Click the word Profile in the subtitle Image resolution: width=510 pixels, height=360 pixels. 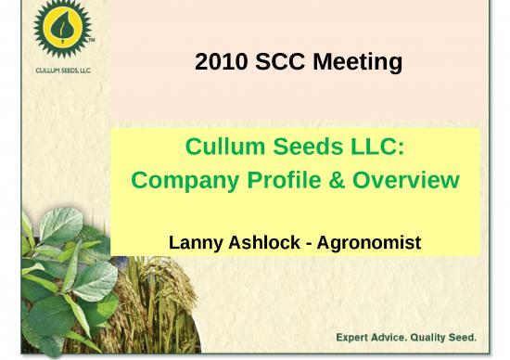pos(284,180)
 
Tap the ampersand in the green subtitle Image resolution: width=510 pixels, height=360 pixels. pos(334,180)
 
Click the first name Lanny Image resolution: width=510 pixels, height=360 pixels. pos(197,242)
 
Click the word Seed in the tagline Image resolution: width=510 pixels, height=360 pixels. pos(465,336)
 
